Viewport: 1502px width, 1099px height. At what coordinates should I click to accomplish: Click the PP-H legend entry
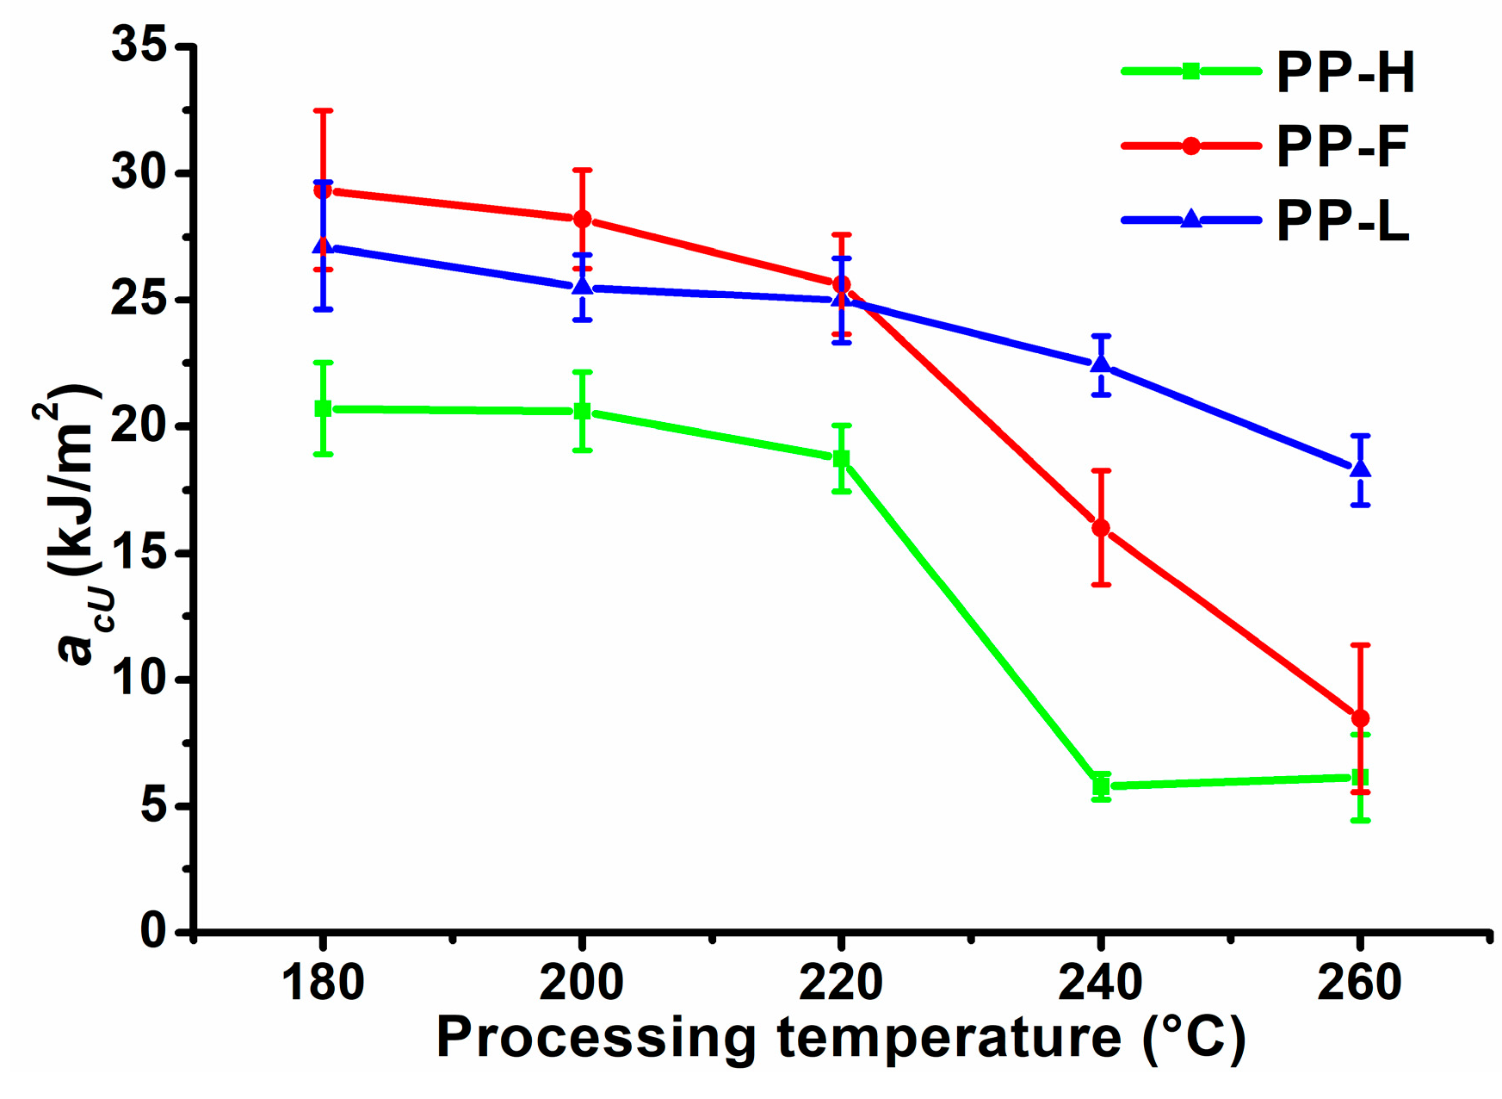pos(1344,72)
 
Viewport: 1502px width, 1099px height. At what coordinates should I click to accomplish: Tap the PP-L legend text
pos(1342,221)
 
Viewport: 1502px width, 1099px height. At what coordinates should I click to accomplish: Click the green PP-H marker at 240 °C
pos(1101,785)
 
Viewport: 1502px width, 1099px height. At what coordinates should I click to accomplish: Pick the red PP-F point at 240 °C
pos(1101,528)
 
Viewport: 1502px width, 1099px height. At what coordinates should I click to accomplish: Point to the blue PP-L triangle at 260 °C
pos(1360,469)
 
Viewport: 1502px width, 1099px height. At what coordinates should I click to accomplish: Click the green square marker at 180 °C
pos(323,408)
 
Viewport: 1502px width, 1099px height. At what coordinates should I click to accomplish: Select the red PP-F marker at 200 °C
pos(583,219)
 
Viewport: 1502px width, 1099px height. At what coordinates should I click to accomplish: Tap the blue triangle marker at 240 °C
pos(1101,364)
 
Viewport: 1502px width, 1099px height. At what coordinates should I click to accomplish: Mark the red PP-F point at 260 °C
pos(1360,718)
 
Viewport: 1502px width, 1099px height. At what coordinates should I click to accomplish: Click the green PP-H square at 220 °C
pos(842,459)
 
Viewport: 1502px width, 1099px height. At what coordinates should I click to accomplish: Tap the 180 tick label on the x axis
pos(323,983)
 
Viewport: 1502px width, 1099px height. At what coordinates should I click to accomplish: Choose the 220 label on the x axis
pos(841,983)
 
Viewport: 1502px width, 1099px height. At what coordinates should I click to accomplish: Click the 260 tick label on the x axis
pos(1360,983)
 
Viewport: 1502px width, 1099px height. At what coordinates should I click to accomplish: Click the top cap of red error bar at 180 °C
pos(323,110)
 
